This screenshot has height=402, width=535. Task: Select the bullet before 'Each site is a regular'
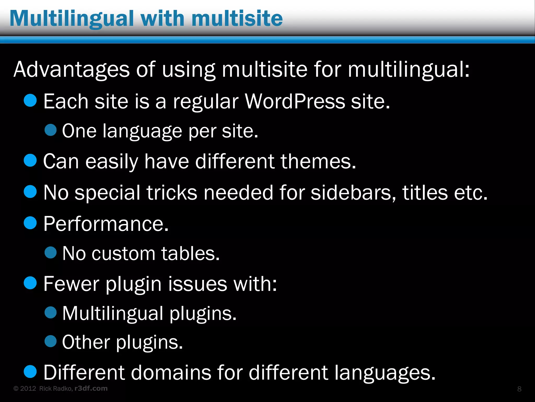point(30,100)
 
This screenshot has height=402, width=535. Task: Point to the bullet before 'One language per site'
point(50,130)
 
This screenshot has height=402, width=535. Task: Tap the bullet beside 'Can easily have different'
point(30,160)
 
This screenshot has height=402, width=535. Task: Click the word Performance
point(106,224)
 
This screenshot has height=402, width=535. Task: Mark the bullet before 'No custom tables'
point(50,253)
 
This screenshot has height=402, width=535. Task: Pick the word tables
point(190,254)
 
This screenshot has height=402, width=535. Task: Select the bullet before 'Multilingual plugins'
point(50,312)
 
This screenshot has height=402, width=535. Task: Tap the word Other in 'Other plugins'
point(86,342)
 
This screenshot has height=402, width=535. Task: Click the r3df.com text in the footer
point(91,388)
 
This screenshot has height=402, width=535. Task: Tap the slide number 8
point(519,389)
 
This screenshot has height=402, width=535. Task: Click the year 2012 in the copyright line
point(28,389)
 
